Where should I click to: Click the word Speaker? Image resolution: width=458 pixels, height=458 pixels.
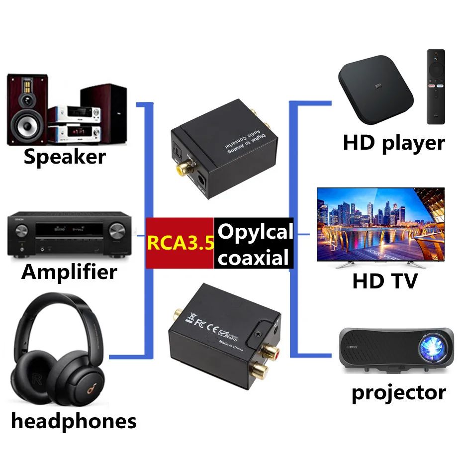pos(65,157)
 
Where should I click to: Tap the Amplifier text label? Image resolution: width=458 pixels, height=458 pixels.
pos(69,272)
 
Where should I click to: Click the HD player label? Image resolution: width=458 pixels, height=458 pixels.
pos(393,143)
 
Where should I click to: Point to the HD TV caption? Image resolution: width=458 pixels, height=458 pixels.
pos(384,281)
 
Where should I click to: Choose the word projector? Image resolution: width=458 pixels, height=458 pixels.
pos(398,392)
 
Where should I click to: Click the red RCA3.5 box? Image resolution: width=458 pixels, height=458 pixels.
pos(180,243)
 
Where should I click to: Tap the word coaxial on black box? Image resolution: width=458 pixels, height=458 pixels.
pos(254,258)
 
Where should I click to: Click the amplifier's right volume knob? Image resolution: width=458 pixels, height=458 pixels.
pos(117,231)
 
